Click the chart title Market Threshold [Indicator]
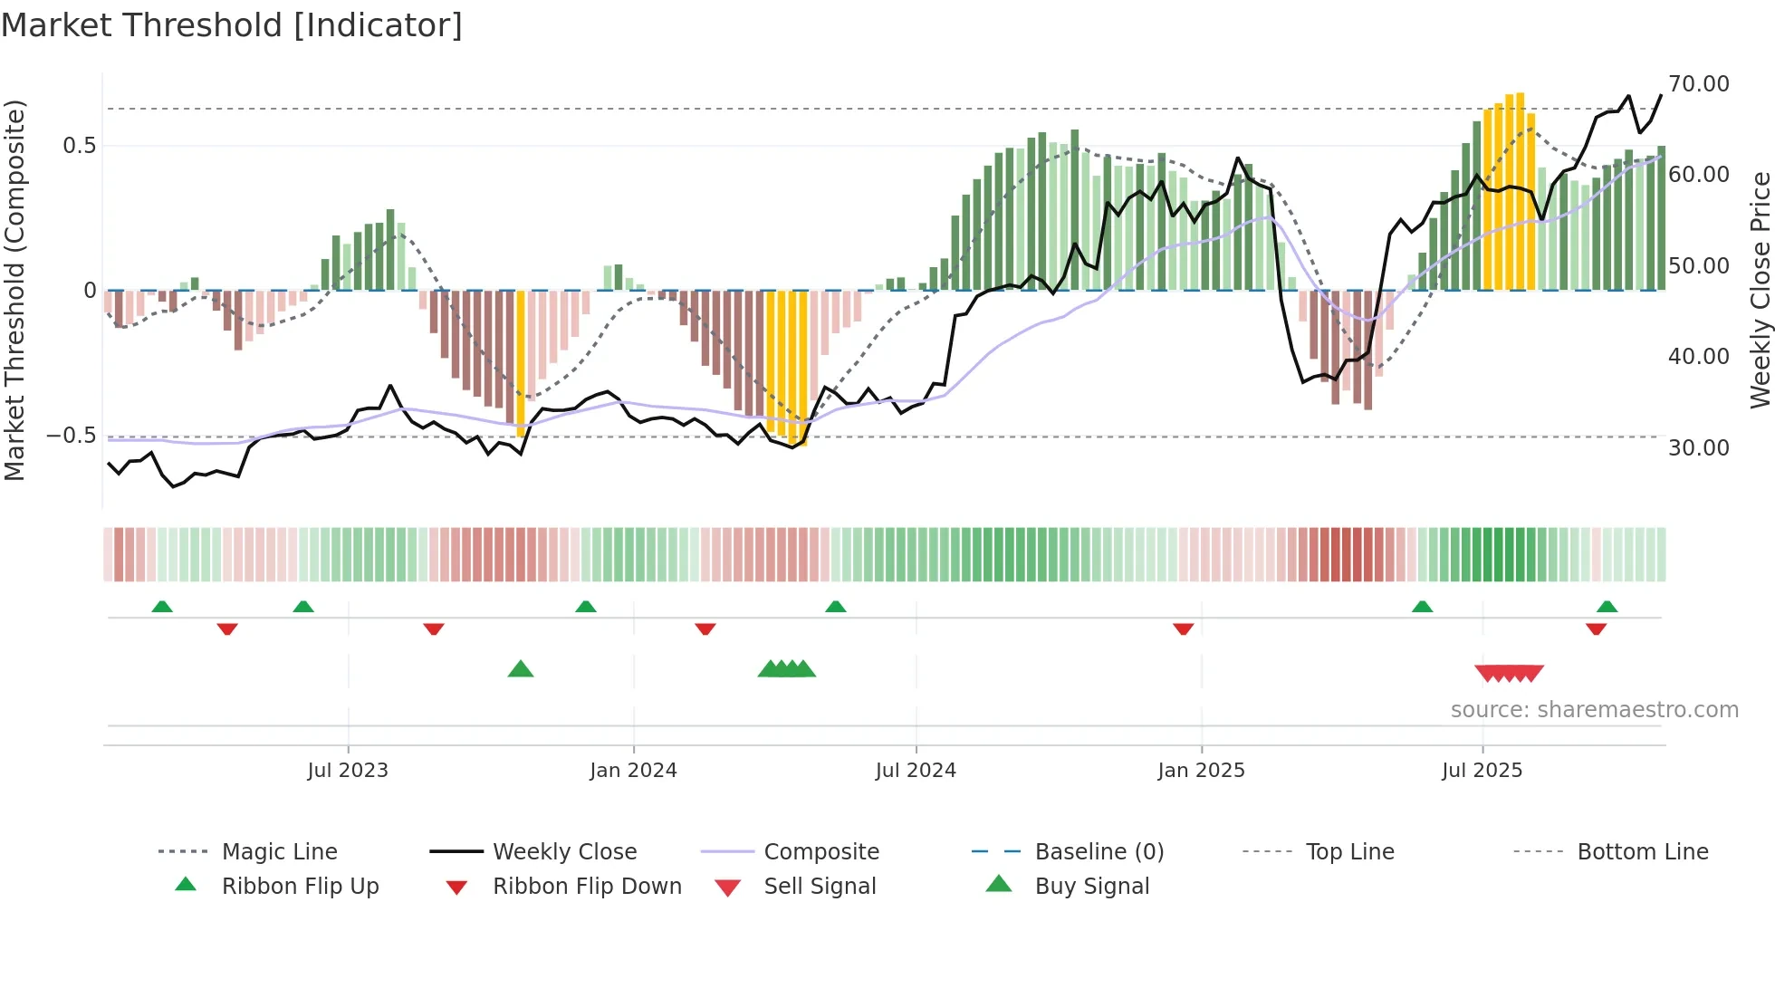232,25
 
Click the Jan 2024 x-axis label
633,770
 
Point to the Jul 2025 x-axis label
1482,770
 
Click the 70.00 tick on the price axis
1698,84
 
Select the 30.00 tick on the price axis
1698,447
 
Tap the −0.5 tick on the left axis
72,436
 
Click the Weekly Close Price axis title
1760,290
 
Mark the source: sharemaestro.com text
1594,709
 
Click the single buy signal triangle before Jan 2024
521,669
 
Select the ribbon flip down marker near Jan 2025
1183,629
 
